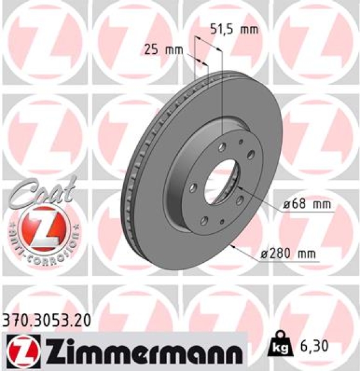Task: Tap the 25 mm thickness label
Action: point(158,49)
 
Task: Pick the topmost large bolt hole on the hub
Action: point(221,147)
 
